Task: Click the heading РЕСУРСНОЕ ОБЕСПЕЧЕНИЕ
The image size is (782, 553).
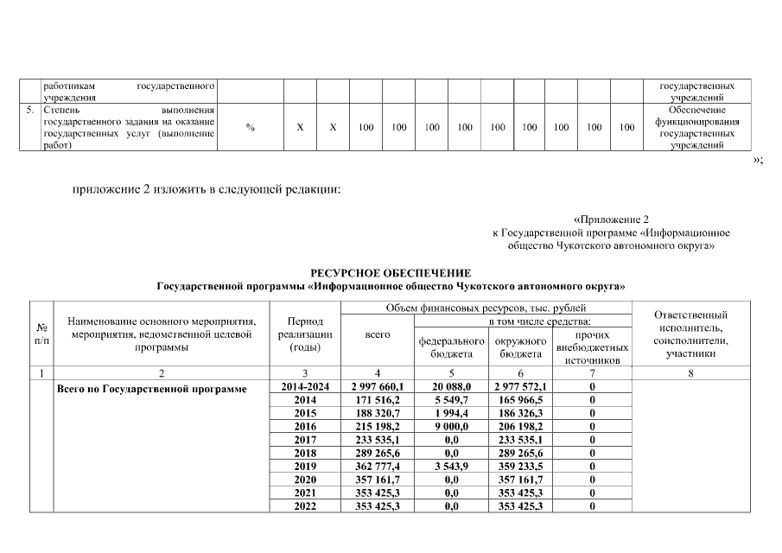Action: (x=391, y=273)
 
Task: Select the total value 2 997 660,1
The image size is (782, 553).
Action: (x=378, y=388)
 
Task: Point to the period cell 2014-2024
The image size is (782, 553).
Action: (x=306, y=388)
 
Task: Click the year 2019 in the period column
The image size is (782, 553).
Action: (x=306, y=466)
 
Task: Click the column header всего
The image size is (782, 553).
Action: (x=378, y=334)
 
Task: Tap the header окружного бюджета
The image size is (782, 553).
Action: (x=518, y=347)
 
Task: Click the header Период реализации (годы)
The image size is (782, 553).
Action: (x=306, y=334)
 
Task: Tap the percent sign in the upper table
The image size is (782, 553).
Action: (x=250, y=127)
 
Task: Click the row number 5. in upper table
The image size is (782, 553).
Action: (x=30, y=111)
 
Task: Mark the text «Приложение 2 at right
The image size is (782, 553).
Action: (x=610, y=219)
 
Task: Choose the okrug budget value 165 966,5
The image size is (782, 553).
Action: (x=518, y=401)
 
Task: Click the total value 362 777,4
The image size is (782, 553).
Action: (x=378, y=466)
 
